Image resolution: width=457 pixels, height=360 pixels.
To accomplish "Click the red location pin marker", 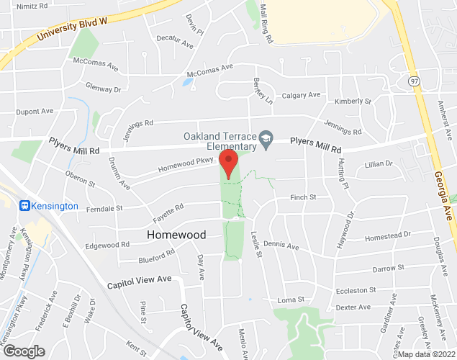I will point(229,163).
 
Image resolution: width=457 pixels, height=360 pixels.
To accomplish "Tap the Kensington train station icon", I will point(24,206).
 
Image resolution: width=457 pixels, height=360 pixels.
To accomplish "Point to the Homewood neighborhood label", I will point(176,235).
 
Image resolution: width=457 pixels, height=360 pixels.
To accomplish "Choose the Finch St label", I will point(303,197).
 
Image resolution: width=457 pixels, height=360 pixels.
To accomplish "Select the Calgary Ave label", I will point(301,95).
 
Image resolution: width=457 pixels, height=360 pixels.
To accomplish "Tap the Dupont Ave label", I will point(35,112).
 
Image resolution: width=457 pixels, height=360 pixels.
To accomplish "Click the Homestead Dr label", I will point(387,235).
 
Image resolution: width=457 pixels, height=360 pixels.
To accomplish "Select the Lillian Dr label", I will point(378,164).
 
